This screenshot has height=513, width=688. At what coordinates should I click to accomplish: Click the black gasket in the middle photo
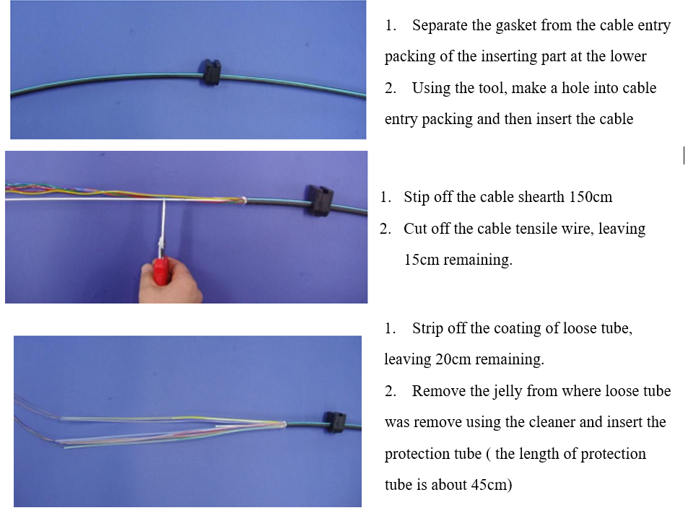pos(319,200)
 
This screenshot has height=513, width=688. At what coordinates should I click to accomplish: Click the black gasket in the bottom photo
pos(335,422)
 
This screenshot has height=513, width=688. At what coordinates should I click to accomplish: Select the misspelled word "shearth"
pos(541,197)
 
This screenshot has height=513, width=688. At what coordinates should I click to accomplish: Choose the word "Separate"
pos(440,26)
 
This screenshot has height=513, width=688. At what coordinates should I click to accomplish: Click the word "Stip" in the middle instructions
pos(417,197)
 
